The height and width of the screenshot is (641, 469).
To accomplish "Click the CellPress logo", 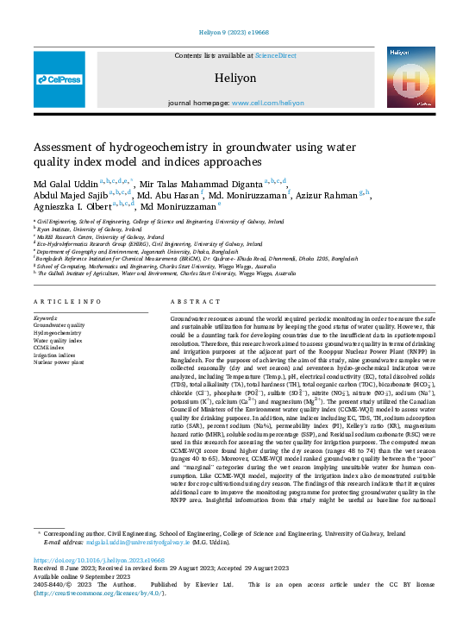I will [59, 79].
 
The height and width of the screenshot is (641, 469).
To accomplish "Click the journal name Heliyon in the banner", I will [234, 77].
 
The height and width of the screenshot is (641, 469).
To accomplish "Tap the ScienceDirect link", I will [275, 55].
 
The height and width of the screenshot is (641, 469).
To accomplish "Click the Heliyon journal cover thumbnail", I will [410, 79].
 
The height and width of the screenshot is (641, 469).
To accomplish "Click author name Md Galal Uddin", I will [65, 183].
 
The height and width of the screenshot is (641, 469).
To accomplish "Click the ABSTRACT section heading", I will [190, 301].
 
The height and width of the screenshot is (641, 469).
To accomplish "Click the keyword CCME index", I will [50, 347].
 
